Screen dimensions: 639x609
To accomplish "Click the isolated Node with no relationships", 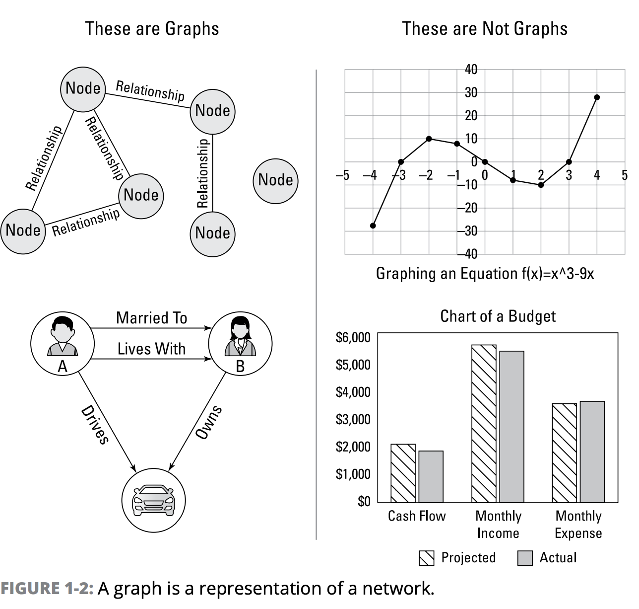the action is click(x=276, y=180).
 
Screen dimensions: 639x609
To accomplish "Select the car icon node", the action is click(x=153, y=499).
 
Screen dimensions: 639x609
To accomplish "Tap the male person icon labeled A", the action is click(x=63, y=337).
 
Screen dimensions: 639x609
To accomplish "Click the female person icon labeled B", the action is click(x=240, y=337).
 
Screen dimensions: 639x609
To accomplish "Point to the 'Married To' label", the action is click(x=151, y=318).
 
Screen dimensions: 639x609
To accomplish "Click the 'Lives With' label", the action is click(x=151, y=349).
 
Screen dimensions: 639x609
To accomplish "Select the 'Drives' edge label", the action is click(x=94, y=425).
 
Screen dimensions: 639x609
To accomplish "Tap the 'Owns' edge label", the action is click(x=208, y=422).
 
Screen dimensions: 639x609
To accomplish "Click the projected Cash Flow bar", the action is click(x=403, y=473).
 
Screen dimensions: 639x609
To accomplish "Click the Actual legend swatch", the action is click(x=524, y=558).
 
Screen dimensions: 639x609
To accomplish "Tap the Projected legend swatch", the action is click(x=427, y=558).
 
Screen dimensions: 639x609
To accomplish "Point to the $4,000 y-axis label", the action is click(x=353, y=392).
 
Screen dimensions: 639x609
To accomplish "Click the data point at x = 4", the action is click(x=597, y=97).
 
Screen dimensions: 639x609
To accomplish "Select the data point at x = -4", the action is click(x=373, y=226).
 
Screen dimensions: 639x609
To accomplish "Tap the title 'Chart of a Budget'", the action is click(x=498, y=316).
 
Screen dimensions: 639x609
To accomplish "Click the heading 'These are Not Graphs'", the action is click(x=485, y=28).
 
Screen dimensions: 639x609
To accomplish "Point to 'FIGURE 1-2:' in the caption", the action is click(x=47, y=588).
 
